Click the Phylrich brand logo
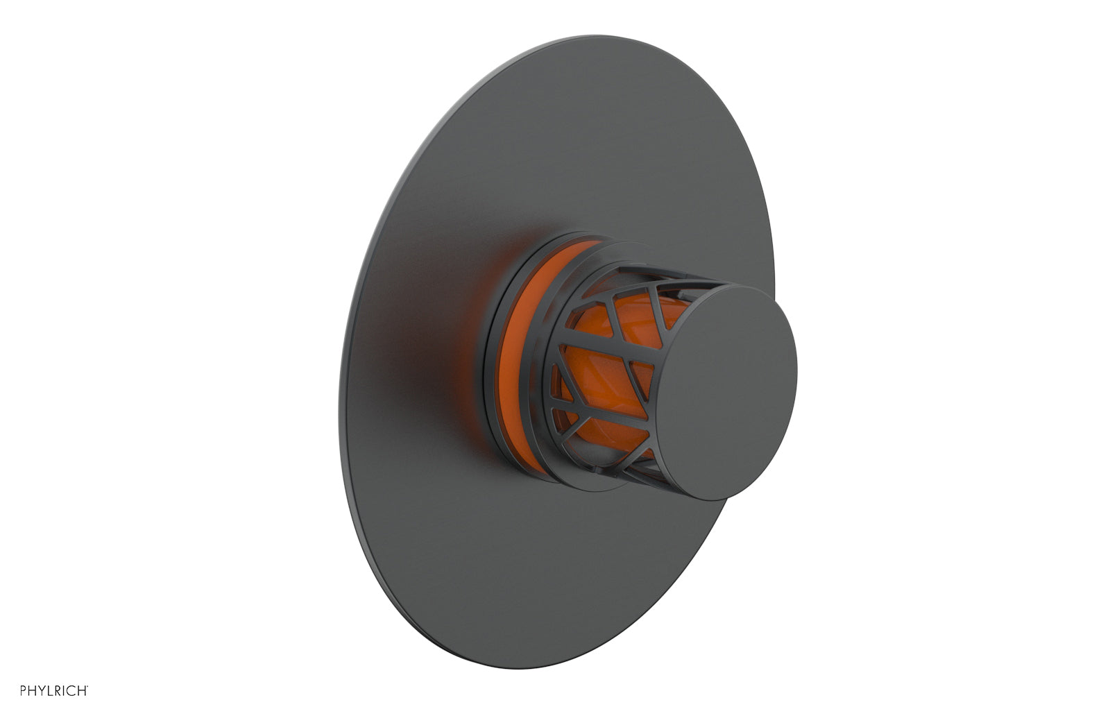(54, 690)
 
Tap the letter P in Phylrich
(23, 690)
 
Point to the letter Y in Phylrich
(42, 690)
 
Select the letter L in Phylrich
(50, 690)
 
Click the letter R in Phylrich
(58, 690)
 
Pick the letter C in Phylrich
(71, 690)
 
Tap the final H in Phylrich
(82, 690)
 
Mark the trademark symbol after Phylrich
(87, 686)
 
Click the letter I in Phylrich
(63, 690)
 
